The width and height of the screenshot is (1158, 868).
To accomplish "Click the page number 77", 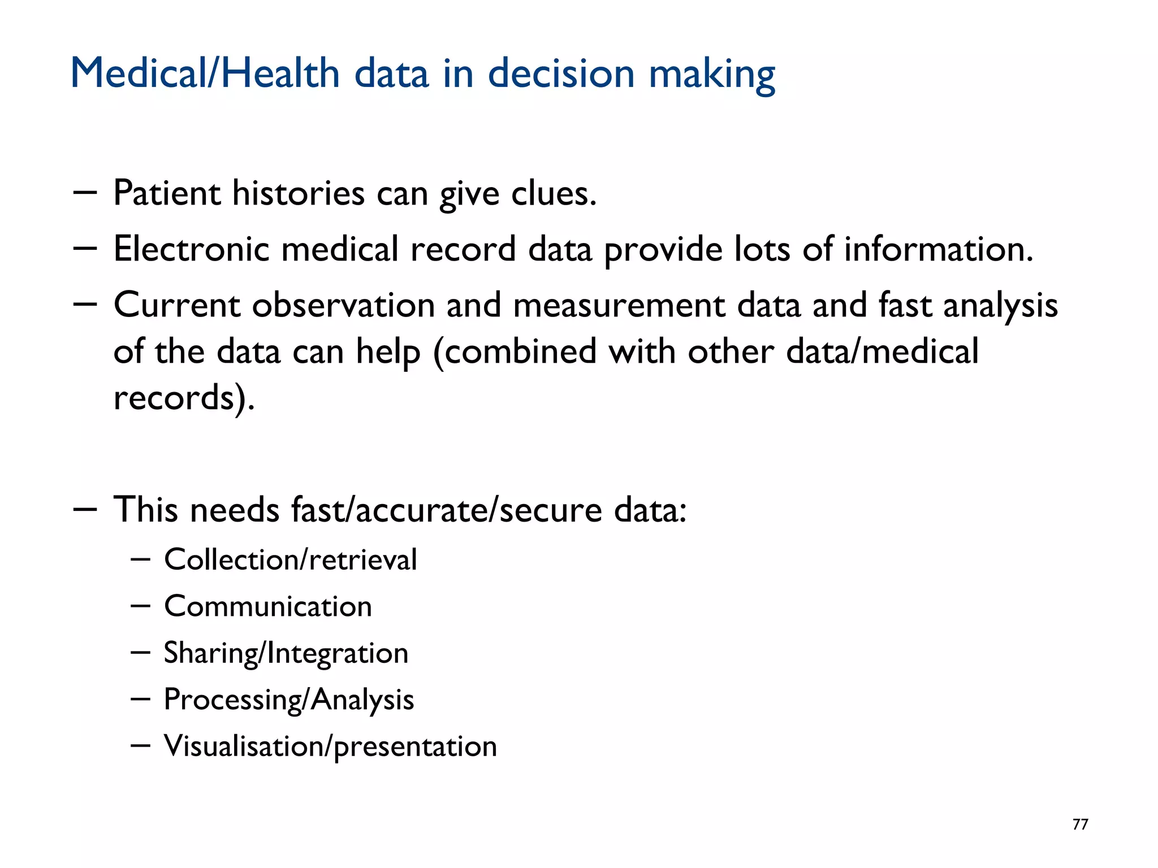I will click(x=1080, y=824).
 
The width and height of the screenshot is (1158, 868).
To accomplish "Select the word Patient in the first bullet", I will click(x=167, y=193).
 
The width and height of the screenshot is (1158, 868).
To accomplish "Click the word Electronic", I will click(x=191, y=249).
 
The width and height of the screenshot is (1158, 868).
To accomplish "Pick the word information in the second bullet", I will click(x=939, y=249).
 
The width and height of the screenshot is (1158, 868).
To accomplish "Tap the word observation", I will click(x=343, y=305).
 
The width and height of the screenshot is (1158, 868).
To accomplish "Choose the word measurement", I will click(x=619, y=305).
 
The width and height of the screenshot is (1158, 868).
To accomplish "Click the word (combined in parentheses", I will click(x=515, y=351).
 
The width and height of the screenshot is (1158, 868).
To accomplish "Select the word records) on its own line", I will click(x=184, y=397).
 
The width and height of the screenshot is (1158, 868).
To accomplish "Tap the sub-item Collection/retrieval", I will click(x=291, y=559).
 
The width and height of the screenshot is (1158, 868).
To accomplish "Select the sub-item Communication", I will click(x=268, y=606).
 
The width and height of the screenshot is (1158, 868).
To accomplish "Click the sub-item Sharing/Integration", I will click(x=286, y=653).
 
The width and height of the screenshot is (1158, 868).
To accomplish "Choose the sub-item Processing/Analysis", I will click(x=289, y=700).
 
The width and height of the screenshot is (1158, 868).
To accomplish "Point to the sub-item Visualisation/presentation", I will click(x=330, y=746).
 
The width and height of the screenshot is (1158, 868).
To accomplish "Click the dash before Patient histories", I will click(x=85, y=193).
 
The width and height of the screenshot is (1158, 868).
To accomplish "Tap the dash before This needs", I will click(x=85, y=509).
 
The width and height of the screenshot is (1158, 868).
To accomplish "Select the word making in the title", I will click(x=711, y=73).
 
